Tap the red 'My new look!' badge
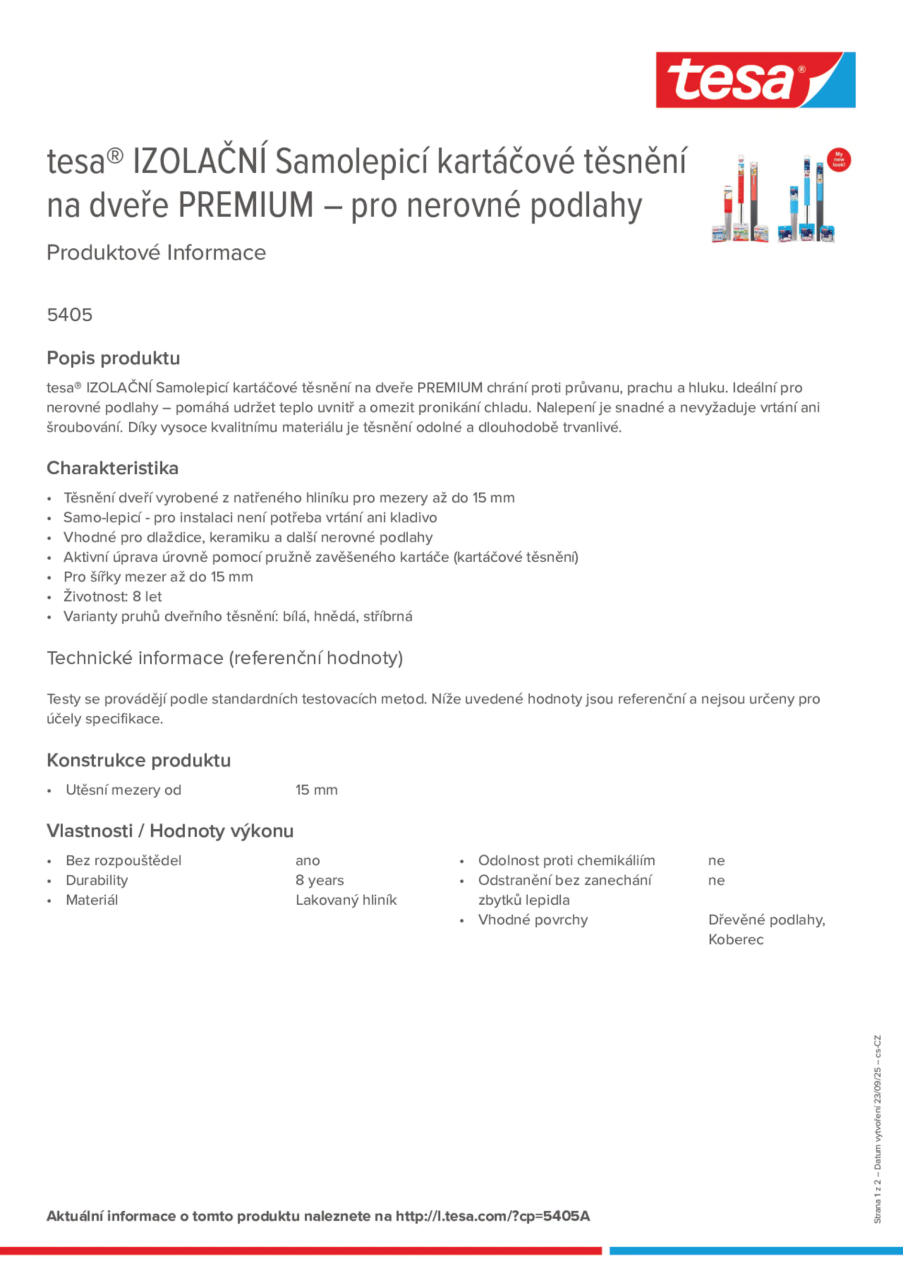point(838,160)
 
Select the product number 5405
point(69,315)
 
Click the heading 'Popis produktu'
point(113,358)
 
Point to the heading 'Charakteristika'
point(112,468)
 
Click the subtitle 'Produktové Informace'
point(156,253)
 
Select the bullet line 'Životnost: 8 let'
point(112,597)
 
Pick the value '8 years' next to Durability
point(320,880)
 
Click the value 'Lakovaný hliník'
point(346,900)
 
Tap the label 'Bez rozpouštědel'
point(123,861)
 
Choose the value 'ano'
point(307,861)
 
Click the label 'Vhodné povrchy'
point(533,920)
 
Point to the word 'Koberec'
point(736,940)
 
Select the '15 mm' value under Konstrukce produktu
point(316,790)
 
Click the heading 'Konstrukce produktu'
point(139,760)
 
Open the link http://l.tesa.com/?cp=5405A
point(492,1216)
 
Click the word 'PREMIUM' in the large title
point(246,205)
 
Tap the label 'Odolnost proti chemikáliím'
point(566,861)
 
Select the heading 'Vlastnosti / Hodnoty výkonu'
point(170,831)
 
